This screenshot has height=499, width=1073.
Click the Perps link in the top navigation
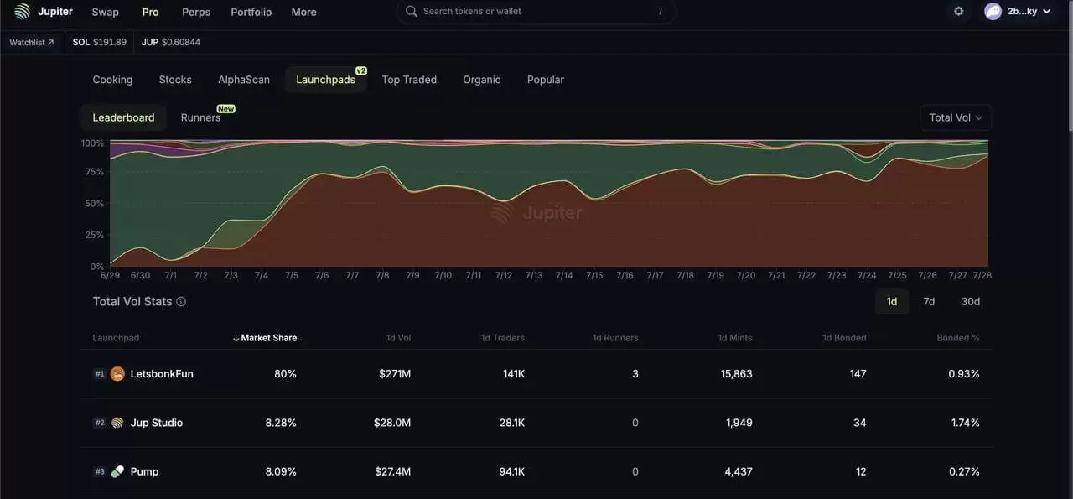click(196, 13)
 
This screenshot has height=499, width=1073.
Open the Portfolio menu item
click(251, 13)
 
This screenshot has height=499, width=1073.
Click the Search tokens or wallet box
click(536, 12)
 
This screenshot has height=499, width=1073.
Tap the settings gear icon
click(959, 12)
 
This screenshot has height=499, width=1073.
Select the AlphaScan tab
click(244, 80)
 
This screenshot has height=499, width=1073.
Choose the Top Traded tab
click(409, 80)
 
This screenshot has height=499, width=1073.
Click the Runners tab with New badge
click(201, 117)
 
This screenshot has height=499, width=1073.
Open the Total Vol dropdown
click(956, 117)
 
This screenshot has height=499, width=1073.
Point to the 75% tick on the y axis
click(94, 172)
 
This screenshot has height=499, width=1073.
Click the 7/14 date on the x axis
click(564, 275)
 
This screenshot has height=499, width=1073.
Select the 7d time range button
click(929, 302)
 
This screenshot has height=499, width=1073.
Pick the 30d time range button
click(970, 302)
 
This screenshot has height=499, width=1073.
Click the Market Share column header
click(268, 338)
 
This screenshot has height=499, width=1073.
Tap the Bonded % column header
click(958, 338)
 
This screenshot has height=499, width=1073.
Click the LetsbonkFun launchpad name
click(162, 374)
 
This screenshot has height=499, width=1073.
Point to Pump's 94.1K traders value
click(511, 471)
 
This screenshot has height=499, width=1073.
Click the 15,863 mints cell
click(736, 374)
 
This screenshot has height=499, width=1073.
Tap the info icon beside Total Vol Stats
click(181, 302)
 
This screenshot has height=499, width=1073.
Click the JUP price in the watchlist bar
click(171, 42)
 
